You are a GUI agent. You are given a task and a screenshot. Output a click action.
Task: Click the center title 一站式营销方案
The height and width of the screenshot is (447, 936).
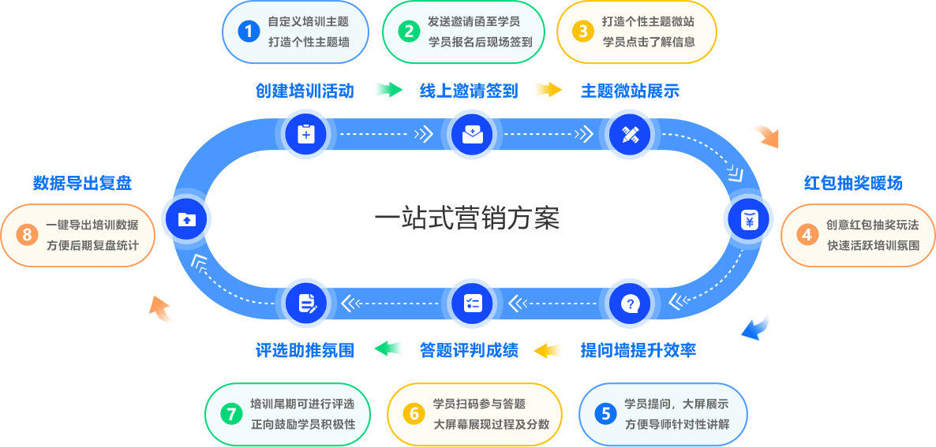click(x=466, y=219)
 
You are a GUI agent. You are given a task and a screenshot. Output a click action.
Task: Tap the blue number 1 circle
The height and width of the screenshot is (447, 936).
click(x=249, y=32)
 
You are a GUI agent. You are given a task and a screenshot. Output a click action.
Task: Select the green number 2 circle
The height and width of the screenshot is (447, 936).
click(x=409, y=32)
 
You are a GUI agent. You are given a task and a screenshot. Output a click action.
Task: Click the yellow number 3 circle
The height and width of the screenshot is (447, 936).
click(x=583, y=32)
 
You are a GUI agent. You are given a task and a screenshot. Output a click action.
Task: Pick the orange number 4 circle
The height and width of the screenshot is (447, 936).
click(x=807, y=234)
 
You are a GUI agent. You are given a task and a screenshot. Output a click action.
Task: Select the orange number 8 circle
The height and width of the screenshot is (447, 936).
click(x=28, y=234)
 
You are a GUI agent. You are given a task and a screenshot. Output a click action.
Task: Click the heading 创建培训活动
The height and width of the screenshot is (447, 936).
click(x=304, y=91)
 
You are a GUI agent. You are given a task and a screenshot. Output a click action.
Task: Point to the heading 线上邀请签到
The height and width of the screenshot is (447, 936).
click(x=468, y=91)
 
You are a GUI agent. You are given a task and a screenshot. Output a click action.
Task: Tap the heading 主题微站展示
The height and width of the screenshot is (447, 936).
click(x=630, y=91)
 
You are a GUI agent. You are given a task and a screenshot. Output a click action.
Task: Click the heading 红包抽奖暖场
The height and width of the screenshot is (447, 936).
click(x=853, y=184)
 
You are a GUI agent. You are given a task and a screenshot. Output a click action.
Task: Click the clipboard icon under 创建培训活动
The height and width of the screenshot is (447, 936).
click(x=305, y=135)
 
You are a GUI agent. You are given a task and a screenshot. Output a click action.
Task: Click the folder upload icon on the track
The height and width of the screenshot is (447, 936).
click(x=186, y=220)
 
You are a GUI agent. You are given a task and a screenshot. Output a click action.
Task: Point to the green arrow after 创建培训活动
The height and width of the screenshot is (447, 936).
click(x=388, y=90)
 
